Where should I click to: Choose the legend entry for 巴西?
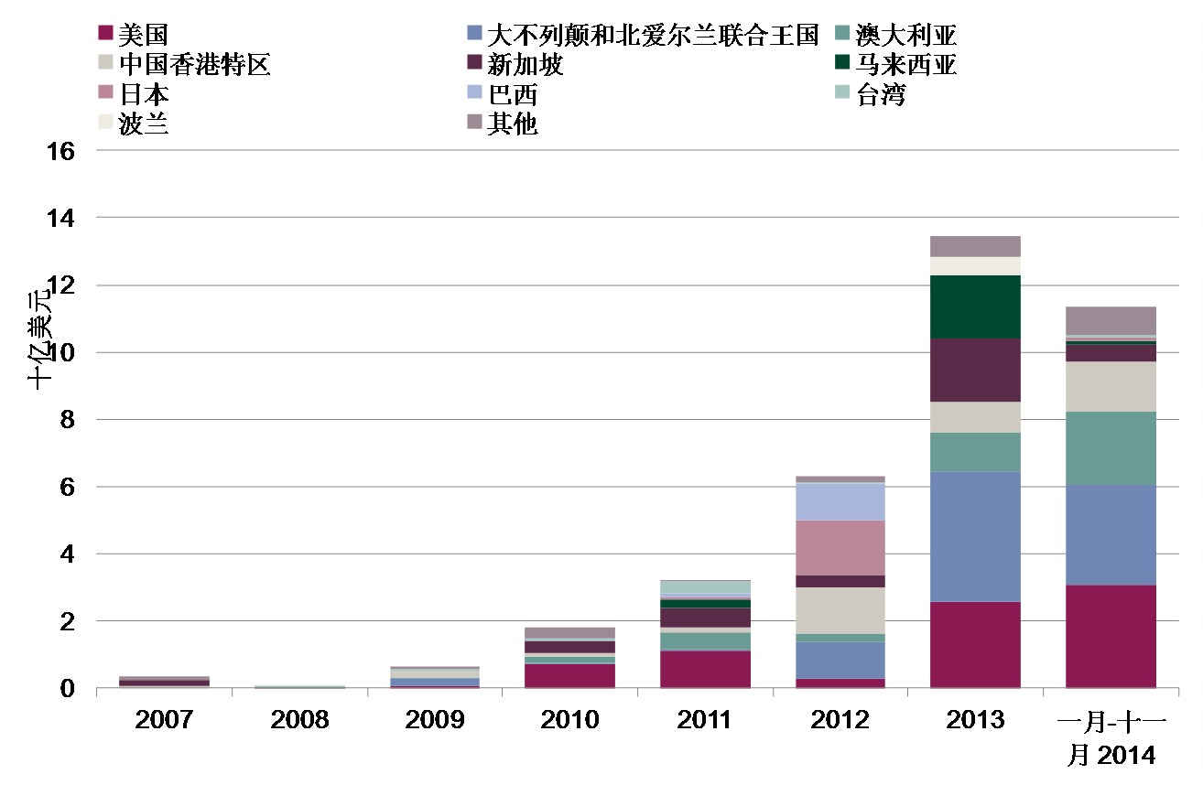point(513,94)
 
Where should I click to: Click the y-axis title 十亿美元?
point(40,339)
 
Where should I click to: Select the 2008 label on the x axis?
point(299,720)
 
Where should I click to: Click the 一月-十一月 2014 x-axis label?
point(1111,737)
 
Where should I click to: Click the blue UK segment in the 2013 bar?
point(975,536)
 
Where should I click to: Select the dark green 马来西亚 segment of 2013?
point(975,306)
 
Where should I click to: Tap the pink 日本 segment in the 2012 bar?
point(840,547)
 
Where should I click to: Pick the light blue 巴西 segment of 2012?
point(840,501)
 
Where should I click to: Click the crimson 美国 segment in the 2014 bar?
point(1111,636)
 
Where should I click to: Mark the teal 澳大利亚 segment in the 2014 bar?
point(1111,448)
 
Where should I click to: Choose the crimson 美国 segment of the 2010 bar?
point(569,675)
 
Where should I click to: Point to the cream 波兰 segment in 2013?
point(975,265)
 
